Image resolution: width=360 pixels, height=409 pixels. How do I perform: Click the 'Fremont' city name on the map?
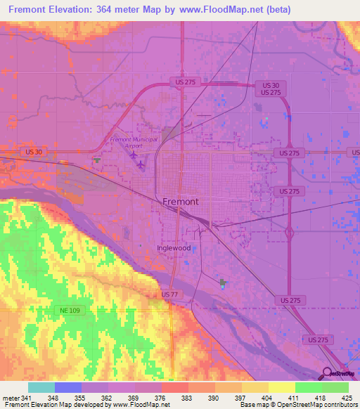click(180, 201)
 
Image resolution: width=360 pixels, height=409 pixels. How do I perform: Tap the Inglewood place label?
click(174, 248)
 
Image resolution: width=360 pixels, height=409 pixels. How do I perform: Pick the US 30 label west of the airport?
click(34, 151)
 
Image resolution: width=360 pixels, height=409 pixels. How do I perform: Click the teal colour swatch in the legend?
click(41, 387)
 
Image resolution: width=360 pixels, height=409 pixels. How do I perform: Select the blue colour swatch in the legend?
click(68, 387)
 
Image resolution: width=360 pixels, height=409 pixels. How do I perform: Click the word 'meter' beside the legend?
click(11, 398)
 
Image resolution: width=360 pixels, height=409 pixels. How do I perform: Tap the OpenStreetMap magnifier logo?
click(328, 373)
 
